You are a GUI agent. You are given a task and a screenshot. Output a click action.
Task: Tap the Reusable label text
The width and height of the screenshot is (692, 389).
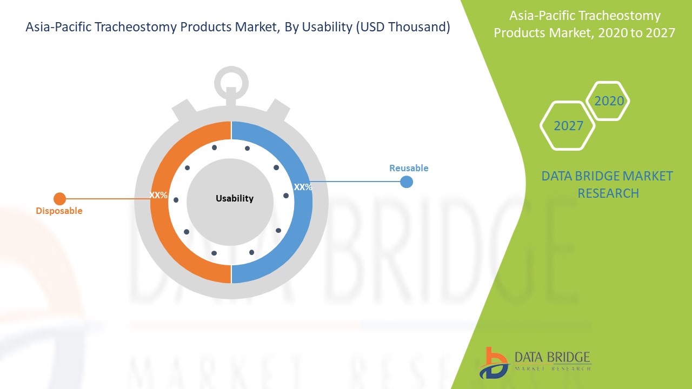pos(409,168)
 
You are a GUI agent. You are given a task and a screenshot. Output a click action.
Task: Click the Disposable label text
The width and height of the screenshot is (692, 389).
pos(59,211)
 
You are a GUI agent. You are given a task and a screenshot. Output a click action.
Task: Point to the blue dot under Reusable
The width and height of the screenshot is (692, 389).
pos(407,182)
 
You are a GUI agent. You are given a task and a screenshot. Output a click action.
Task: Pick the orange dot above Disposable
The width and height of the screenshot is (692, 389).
pos(59,199)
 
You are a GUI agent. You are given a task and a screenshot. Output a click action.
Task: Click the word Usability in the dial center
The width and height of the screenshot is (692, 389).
pos(235,198)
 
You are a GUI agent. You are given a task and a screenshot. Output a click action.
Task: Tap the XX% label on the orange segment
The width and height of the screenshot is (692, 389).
pos(158,195)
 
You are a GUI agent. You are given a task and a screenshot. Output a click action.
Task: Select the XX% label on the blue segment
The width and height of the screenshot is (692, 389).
pos(303,187)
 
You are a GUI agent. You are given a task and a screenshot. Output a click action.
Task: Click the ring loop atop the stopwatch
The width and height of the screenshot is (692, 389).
pos(231,70)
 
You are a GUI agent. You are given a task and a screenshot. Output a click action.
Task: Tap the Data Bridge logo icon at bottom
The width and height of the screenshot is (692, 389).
pos(494,363)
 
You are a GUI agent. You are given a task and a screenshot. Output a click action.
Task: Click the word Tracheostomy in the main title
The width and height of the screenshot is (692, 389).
pos(136,27)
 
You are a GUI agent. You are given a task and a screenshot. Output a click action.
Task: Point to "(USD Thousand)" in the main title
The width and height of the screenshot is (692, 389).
pos(403,27)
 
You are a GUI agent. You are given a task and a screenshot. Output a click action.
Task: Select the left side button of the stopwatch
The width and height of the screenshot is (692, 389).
pos(184,110)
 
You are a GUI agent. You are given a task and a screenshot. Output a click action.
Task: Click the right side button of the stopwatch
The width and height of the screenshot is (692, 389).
pos(278,110)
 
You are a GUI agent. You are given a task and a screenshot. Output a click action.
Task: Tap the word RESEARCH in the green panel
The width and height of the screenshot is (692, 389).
pos(608,193)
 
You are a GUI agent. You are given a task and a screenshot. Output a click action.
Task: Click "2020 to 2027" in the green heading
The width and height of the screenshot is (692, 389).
pos(637,33)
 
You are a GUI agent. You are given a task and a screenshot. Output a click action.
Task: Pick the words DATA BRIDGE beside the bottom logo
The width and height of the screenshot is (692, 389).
pos(553,357)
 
